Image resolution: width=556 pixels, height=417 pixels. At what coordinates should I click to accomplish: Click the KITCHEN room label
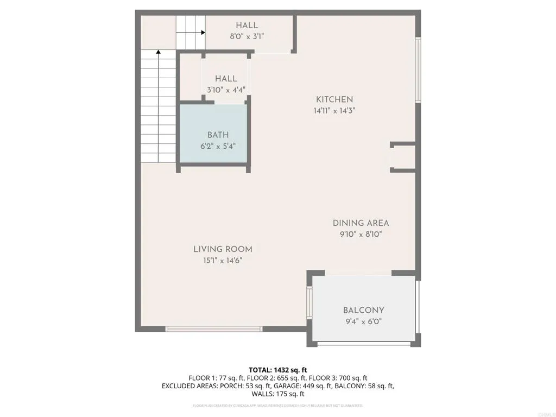click(334, 99)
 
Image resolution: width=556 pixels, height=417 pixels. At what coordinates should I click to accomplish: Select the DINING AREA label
click(361, 223)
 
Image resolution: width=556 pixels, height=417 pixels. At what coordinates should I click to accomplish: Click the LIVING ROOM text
click(223, 249)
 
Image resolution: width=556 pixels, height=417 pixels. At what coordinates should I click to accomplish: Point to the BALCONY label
click(363, 310)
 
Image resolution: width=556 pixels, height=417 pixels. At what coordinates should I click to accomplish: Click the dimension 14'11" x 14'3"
click(334, 111)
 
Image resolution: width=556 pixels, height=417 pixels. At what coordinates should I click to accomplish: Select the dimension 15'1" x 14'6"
click(223, 261)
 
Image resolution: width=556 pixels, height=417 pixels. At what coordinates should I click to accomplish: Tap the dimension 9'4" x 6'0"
click(363, 321)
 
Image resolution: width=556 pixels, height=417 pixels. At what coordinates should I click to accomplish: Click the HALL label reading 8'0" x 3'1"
click(247, 26)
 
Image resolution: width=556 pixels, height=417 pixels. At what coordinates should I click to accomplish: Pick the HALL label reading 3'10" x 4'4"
click(226, 79)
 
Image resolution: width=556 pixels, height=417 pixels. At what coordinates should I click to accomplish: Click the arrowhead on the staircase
click(159, 52)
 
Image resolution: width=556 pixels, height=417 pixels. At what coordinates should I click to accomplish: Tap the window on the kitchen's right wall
click(418, 69)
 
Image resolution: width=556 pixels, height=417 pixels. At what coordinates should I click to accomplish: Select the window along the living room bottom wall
click(214, 328)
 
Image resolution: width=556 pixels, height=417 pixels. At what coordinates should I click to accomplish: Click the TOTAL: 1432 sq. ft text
click(278, 370)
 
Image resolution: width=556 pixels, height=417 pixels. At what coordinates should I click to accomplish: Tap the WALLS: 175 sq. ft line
click(278, 394)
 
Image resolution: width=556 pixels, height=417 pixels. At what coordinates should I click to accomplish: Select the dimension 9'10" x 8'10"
click(361, 235)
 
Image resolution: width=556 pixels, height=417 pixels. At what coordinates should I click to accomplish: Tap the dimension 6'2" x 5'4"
click(217, 146)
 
